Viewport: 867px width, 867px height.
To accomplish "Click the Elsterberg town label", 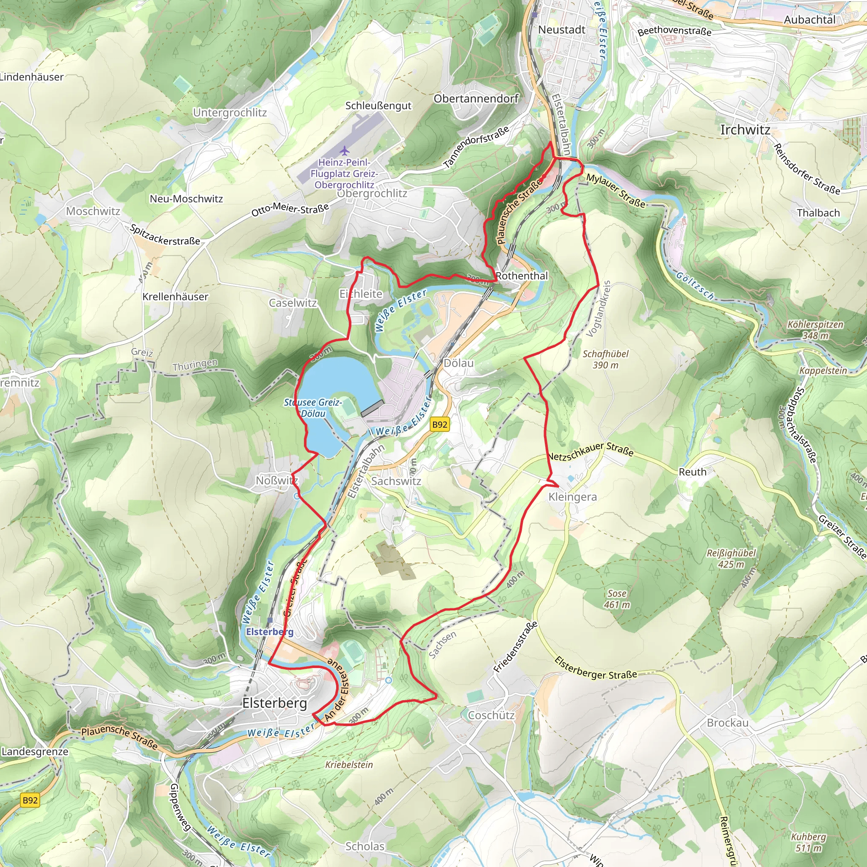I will pyautogui.click(x=275, y=703).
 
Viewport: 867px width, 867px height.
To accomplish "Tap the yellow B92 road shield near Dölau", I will pyautogui.click(x=439, y=425).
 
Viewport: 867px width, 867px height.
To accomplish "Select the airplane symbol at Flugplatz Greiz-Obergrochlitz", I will pyautogui.click(x=345, y=150).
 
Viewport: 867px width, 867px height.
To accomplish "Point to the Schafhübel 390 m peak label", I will pyautogui.click(x=605, y=359).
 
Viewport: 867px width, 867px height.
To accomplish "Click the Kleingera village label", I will pyautogui.click(x=573, y=497).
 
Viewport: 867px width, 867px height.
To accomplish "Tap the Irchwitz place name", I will pyautogui.click(x=745, y=130).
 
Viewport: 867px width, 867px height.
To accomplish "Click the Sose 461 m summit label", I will pyautogui.click(x=617, y=599).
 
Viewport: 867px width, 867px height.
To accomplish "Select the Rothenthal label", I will pyautogui.click(x=522, y=276).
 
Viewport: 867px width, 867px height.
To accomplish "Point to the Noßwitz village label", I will pyautogui.click(x=276, y=480).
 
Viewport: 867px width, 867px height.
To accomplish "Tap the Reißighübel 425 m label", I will pyautogui.click(x=731, y=559).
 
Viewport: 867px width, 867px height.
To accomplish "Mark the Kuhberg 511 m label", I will pyautogui.click(x=808, y=842).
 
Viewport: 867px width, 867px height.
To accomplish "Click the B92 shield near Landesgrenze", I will pyautogui.click(x=30, y=800).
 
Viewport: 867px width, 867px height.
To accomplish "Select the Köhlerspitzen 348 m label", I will pyautogui.click(x=815, y=330).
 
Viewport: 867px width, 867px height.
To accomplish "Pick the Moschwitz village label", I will pyautogui.click(x=93, y=211).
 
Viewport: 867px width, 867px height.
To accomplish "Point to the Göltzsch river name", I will pyautogui.click(x=695, y=286).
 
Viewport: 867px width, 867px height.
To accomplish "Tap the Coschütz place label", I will pyautogui.click(x=491, y=715).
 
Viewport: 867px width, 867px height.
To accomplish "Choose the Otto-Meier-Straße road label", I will pyautogui.click(x=290, y=210).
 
